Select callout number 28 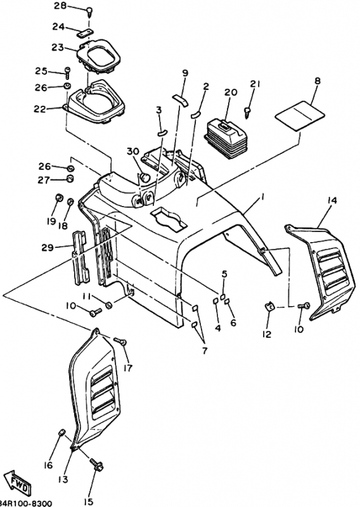pyautogui.click(x=60, y=5)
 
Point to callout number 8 pyautogui.click(x=318, y=80)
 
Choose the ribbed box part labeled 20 pyautogui.click(x=226, y=138)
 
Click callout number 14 pyautogui.click(x=332, y=201)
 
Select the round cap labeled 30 pyautogui.click(x=145, y=178)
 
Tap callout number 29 pyautogui.click(x=48, y=248)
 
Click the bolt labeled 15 pyautogui.click(x=97, y=466)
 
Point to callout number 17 pyautogui.click(x=128, y=368)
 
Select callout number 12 pyautogui.click(x=267, y=334)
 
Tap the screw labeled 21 pyautogui.click(x=248, y=113)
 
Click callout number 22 pyautogui.click(x=40, y=109)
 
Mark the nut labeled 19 pyautogui.click(x=59, y=197)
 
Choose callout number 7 pyautogui.click(x=205, y=350)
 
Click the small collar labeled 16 pyautogui.click(x=61, y=433)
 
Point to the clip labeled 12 pyautogui.click(x=269, y=305)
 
